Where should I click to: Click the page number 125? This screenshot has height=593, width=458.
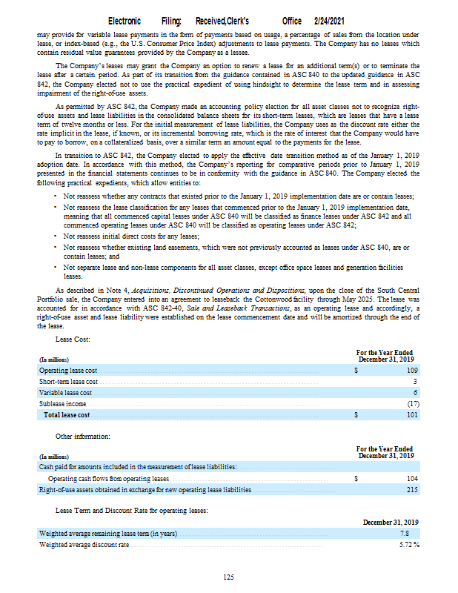[x=229, y=577]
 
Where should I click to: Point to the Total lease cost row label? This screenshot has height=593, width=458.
[x=67, y=415]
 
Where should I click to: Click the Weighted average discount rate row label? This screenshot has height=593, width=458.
[x=84, y=545]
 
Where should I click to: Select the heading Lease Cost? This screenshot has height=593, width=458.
[x=73, y=339]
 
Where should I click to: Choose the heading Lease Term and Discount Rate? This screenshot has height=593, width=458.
[x=131, y=510]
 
